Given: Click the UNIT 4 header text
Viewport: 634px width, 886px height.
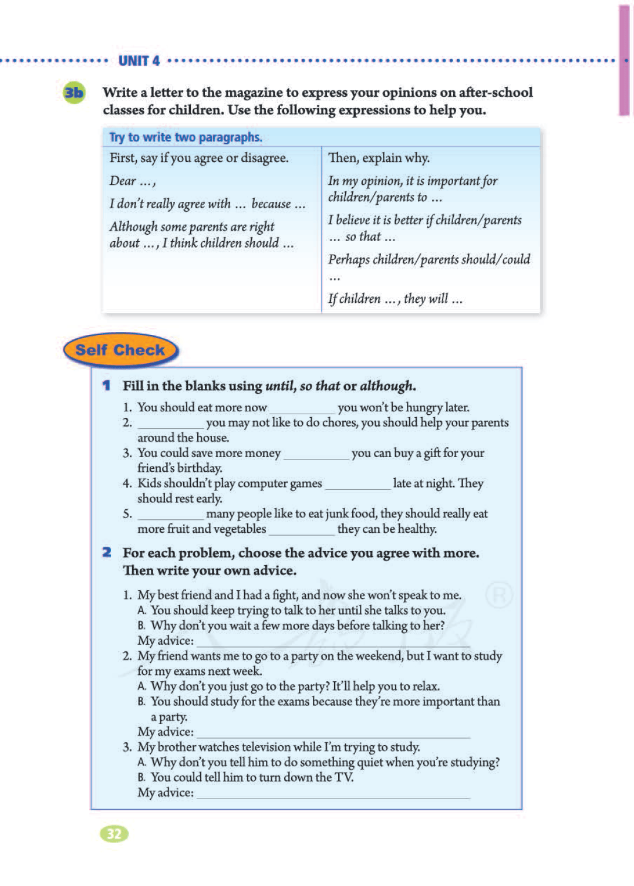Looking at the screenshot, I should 139,61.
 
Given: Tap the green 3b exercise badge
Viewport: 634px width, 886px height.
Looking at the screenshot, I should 74,93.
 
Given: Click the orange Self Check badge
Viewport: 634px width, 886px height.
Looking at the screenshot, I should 120,350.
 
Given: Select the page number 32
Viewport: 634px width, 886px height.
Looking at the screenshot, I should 114,834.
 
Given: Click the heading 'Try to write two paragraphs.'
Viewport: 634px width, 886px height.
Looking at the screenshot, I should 186,137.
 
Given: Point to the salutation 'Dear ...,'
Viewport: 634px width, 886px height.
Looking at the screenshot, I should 132,181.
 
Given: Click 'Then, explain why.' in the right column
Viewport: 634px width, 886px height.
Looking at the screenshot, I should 379,158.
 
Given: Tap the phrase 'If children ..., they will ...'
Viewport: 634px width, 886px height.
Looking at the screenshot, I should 395,299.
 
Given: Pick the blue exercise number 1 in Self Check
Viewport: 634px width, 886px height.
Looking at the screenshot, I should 106,385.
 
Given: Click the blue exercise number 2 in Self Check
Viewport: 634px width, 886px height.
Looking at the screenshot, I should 106,553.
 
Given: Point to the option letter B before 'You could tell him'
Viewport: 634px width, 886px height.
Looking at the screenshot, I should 141,777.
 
